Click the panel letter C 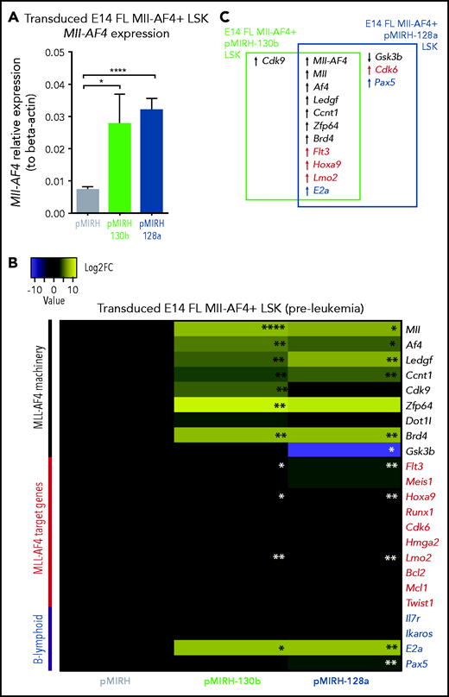coord(225,17)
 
